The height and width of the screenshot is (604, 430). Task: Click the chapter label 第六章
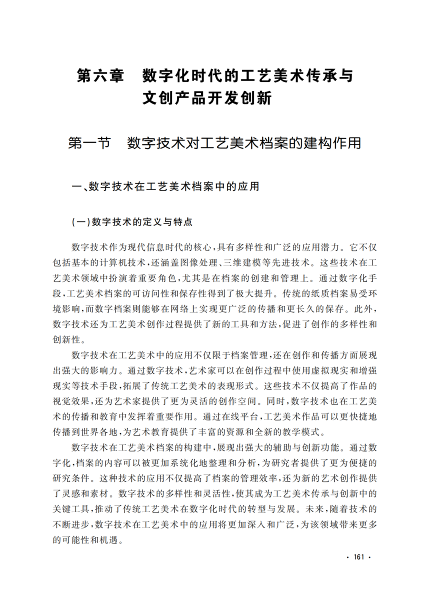pos(100,75)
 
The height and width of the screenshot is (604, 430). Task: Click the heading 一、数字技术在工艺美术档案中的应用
pos(166,187)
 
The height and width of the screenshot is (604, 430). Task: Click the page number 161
pos(359,557)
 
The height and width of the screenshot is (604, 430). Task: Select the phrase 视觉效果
pos(70,401)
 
